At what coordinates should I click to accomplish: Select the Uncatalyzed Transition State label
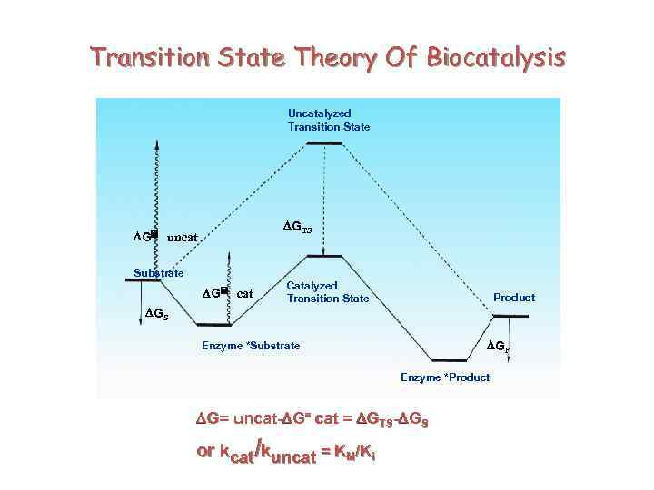pyautogui.click(x=329, y=120)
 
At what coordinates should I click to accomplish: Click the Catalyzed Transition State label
pyautogui.click(x=328, y=291)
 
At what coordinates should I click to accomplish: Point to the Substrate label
pyautogui.click(x=158, y=272)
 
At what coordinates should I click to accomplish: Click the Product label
pyautogui.click(x=514, y=298)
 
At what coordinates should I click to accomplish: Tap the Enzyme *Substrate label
pyautogui.click(x=250, y=346)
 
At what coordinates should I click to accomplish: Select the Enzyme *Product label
pyautogui.click(x=445, y=377)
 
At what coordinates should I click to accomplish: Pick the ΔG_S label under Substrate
pyautogui.click(x=156, y=313)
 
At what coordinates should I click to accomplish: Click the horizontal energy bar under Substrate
pyautogui.click(x=144, y=280)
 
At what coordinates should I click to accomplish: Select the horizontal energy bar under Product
pyautogui.click(x=510, y=317)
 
